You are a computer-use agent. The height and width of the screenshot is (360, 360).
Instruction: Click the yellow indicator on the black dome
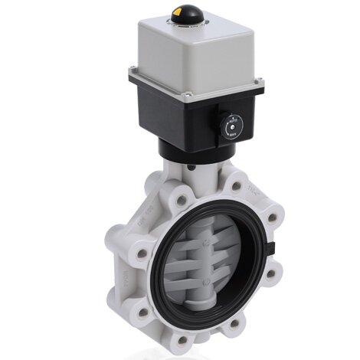[x=181, y=11]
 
